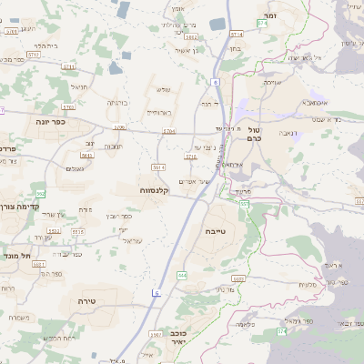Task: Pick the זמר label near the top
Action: point(269,16)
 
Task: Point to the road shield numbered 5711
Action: point(32,56)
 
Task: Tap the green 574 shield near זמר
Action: point(262,25)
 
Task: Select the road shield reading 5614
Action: point(159,167)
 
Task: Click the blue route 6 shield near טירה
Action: point(157,293)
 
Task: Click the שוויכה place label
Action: point(271,83)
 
